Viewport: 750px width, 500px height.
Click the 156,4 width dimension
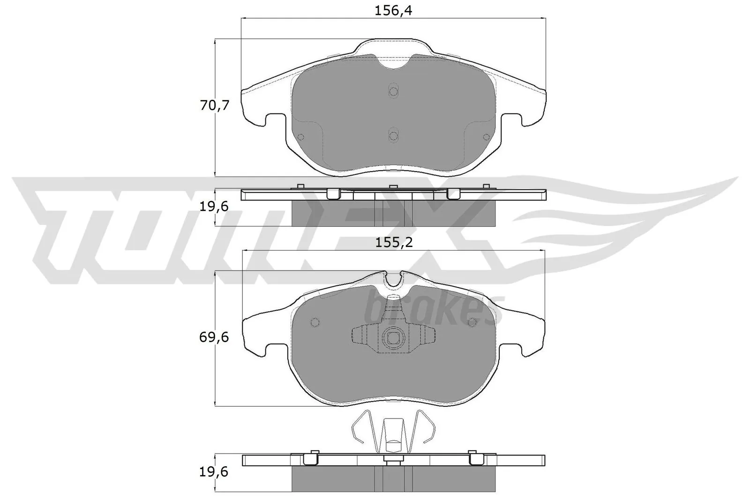tap(393, 11)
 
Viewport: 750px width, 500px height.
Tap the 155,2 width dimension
tap(393, 243)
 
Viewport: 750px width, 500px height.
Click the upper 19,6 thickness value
tap(214, 206)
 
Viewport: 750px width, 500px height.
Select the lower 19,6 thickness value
tap(214, 472)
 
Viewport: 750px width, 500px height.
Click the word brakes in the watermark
tap(434, 309)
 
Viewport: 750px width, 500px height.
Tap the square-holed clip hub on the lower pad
tap(393, 337)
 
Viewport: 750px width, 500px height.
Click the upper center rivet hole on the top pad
tap(393, 91)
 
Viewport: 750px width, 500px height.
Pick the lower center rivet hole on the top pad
tap(393, 135)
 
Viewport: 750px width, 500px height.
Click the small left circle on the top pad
tap(301, 137)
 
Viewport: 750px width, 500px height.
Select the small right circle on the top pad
tap(486, 137)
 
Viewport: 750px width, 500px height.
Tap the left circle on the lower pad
tap(315, 322)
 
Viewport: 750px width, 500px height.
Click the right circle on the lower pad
tap(472, 321)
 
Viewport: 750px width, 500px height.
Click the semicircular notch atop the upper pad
tap(393, 63)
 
